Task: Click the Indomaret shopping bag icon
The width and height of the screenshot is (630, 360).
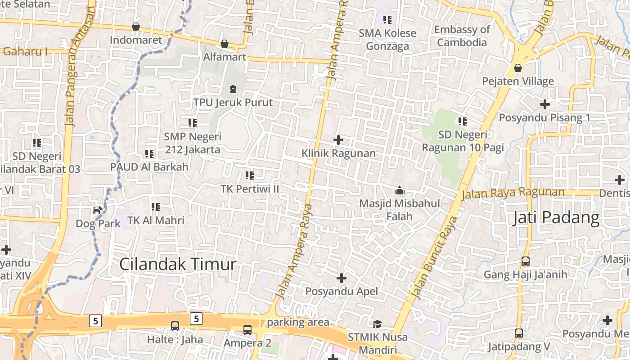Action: (x=135, y=27)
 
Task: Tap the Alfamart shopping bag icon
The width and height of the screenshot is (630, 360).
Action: (x=225, y=44)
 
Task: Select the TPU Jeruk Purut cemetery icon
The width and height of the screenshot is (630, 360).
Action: (x=233, y=89)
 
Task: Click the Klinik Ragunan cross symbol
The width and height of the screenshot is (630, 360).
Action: (x=338, y=140)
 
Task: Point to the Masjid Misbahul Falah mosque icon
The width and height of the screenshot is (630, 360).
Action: (x=399, y=190)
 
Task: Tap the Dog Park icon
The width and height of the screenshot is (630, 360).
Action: (x=97, y=210)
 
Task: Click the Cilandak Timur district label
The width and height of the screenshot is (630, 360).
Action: (x=177, y=264)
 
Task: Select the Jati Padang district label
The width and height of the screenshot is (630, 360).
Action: (x=557, y=218)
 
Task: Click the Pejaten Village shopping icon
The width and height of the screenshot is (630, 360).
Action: (x=518, y=68)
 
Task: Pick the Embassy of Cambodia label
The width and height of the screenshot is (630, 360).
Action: (x=462, y=36)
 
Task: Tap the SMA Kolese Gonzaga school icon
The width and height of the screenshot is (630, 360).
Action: (x=387, y=20)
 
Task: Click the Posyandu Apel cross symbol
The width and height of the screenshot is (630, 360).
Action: (x=342, y=278)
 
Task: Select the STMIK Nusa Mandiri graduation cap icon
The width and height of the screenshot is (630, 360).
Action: (x=377, y=324)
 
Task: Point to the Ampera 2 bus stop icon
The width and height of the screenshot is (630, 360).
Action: (x=247, y=330)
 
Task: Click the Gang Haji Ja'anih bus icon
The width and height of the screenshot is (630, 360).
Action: (x=525, y=261)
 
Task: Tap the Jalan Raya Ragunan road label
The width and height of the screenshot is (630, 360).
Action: (x=513, y=193)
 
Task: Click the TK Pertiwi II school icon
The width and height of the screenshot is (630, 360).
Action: (x=250, y=175)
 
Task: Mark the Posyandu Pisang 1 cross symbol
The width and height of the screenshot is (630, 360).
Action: (x=545, y=104)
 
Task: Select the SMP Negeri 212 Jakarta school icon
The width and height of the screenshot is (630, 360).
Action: (x=193, y=123)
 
